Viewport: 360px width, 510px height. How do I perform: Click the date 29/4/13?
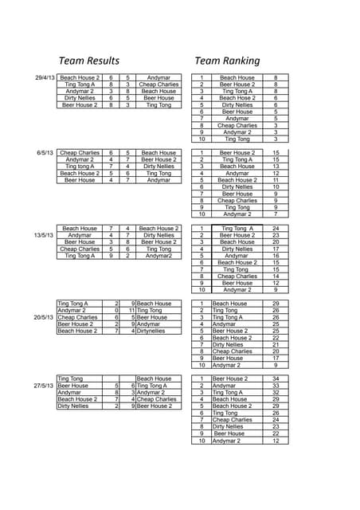click(x=45, y=78)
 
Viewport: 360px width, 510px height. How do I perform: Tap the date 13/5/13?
click(x=44, y=235)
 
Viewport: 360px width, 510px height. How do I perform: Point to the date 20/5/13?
click(x=44, y=317)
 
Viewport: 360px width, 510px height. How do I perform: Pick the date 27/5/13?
click(x=44, y=386)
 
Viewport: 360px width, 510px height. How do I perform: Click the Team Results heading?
click(x=89, y=61)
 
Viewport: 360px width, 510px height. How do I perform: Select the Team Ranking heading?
click(x=227, y=61)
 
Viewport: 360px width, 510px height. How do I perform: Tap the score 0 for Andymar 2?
click(x=116, y=310)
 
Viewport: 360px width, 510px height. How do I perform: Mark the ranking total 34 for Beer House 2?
click(x=276, y=379)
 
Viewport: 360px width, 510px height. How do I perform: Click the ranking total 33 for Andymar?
click(x=276, y=386)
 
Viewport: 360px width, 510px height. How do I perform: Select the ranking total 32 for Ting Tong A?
click(x=276, y=392)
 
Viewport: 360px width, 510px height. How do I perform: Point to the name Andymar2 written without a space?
click(x=158, y=256)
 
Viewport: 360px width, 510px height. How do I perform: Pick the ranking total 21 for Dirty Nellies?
click(x=276, y=344)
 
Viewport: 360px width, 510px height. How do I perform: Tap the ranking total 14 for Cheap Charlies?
click(x=276, y=277)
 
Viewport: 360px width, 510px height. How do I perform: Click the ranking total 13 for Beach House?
click(x=276, y=167)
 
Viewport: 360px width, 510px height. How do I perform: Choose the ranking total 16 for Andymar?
click(x=276, y=256)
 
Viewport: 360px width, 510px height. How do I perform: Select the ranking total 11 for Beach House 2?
click(x=276, y=180)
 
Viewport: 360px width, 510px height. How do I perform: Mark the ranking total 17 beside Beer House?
click(x=276, y=358)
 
